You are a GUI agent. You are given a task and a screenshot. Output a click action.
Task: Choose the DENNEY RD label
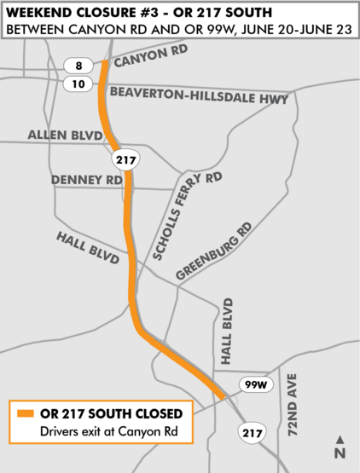[x=86, y=181]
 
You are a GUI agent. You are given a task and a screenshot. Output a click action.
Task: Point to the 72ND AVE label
[x=296, y=406]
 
